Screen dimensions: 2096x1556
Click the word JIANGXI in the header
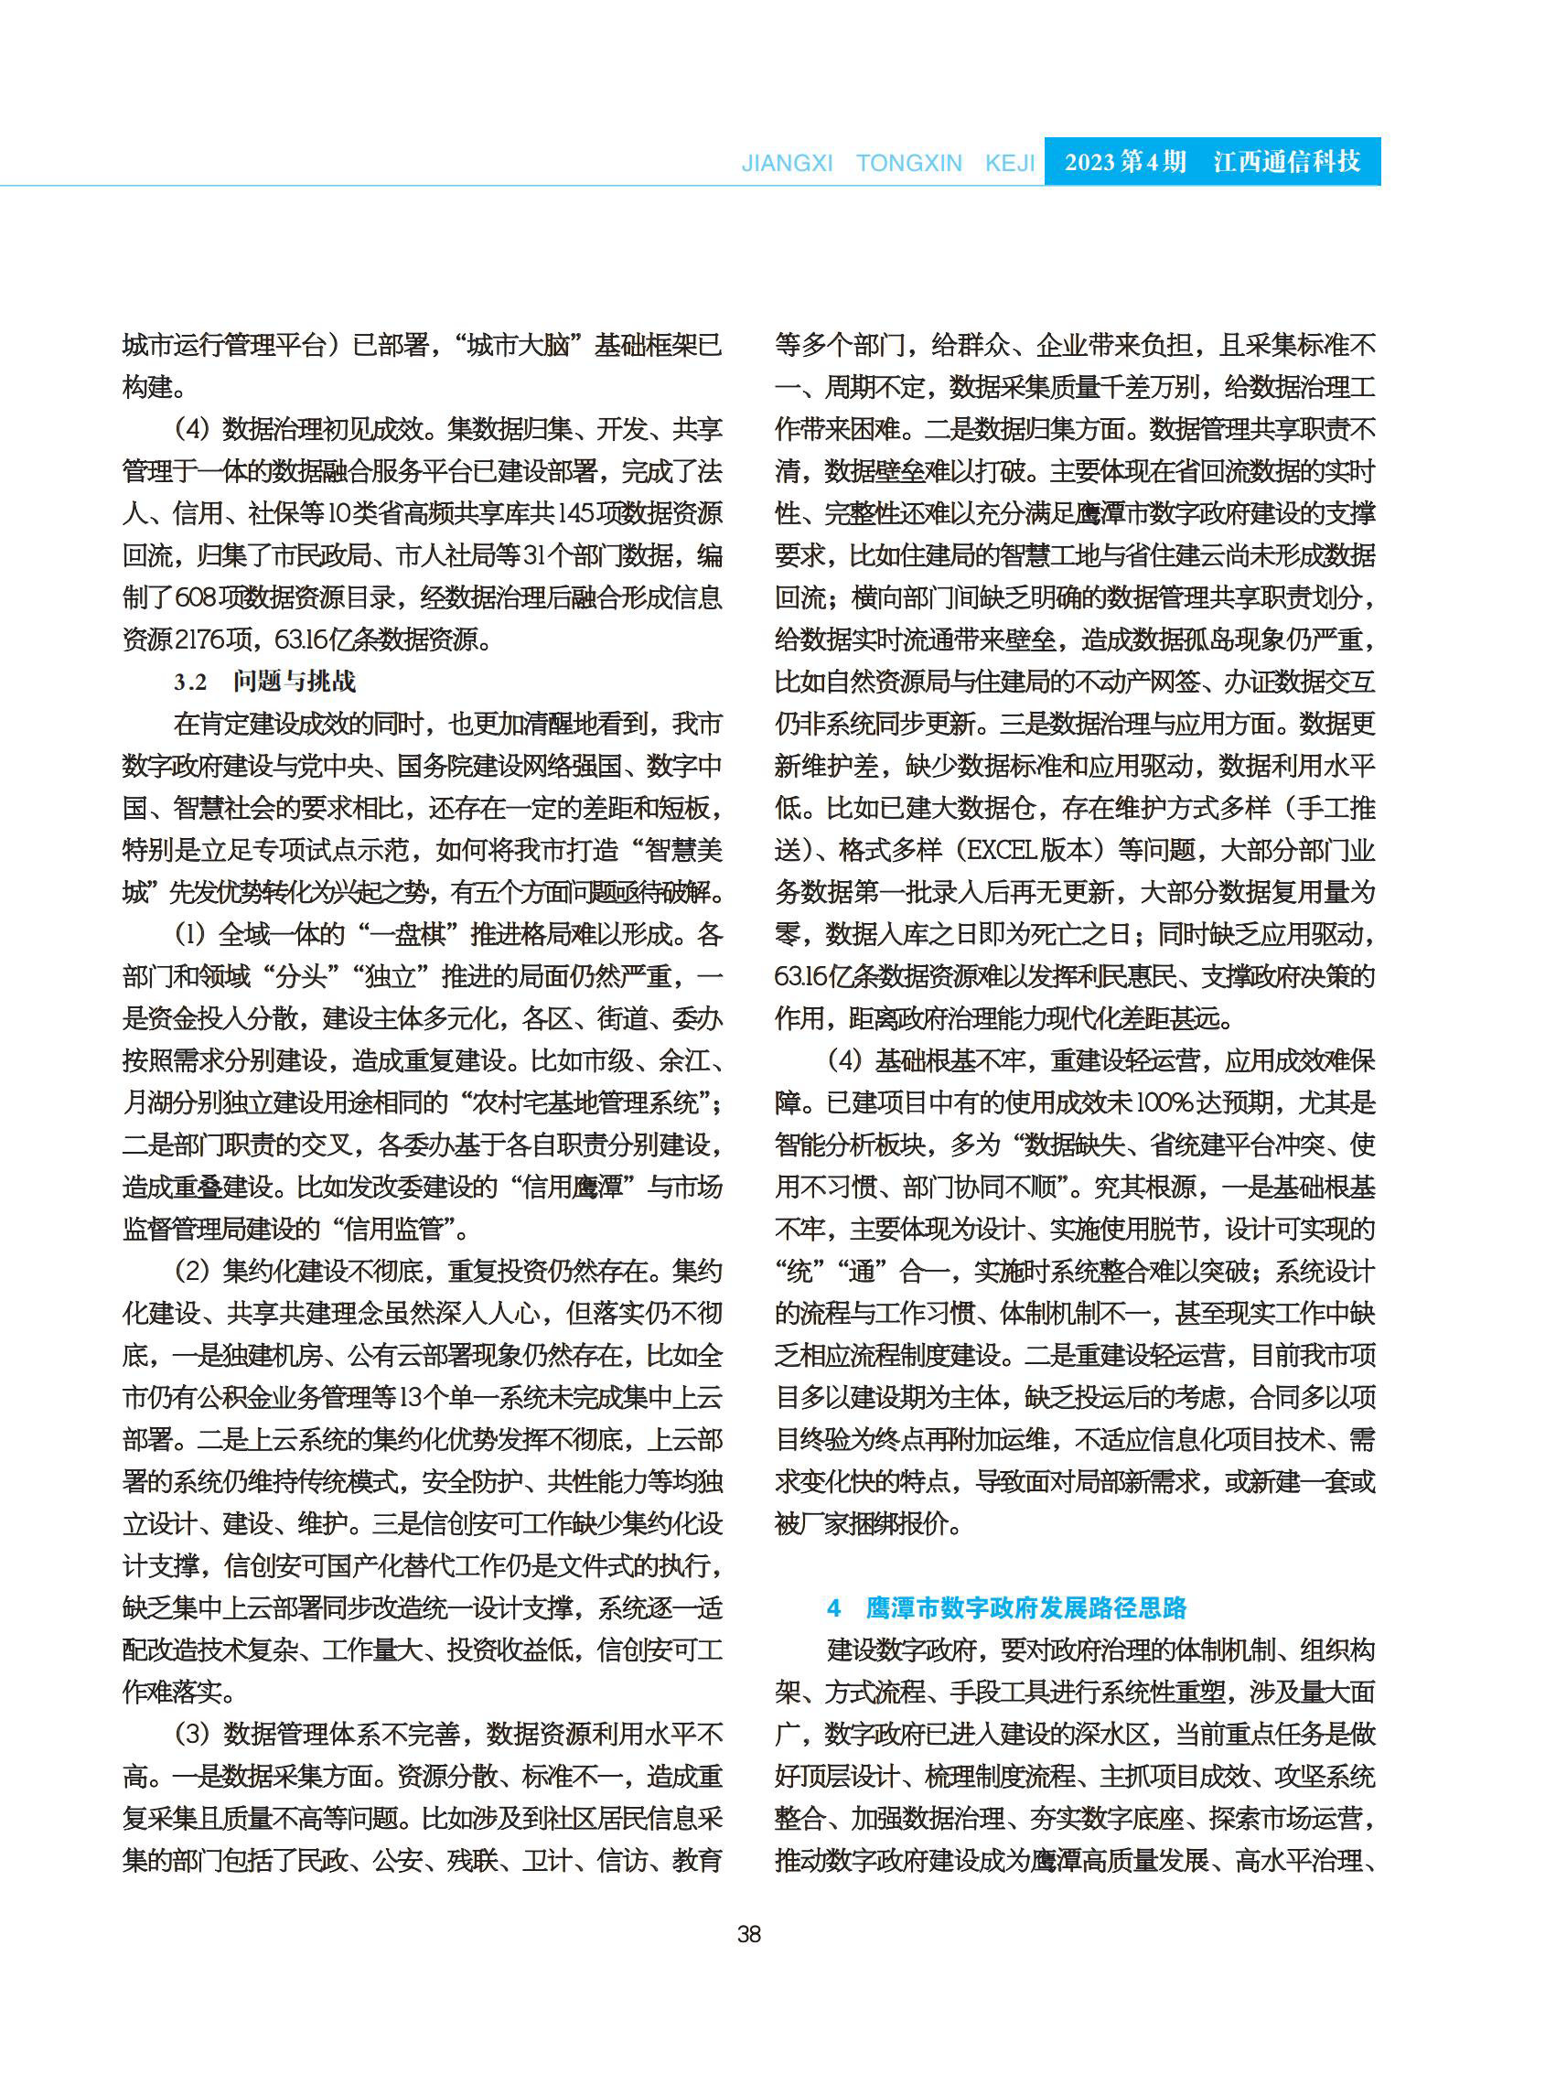(x=787, y=163)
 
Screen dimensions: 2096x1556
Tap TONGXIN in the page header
(x=908, y=163)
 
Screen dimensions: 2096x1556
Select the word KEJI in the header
(x=1009, y=163)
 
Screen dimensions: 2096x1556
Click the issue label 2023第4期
(x=1124, y=162)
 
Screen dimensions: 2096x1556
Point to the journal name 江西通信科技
(x=1287, y=162)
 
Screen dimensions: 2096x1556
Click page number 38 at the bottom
(x=749, y=1934)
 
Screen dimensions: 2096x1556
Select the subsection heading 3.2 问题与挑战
(x=264, y=681)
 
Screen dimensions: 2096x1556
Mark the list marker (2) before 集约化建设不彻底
(x=191, y=1271)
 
